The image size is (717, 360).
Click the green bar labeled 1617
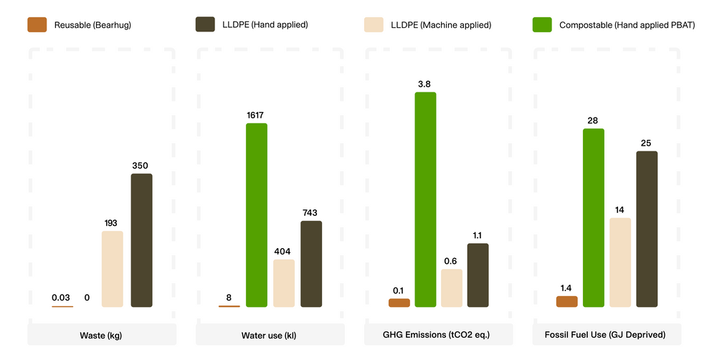click(256, 215)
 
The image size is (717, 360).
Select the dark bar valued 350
click(141, 240)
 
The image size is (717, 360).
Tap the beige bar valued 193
click(113, 269)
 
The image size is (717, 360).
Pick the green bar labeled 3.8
click(425, 199)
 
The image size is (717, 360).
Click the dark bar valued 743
click(311, 264)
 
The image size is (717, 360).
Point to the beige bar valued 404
click(284, 283)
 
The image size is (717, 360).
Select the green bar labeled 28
click(593, 218)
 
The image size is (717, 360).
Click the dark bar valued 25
click(647, 229)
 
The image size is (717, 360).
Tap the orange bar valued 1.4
click(566, 301)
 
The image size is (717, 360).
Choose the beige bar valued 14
click(620, 262)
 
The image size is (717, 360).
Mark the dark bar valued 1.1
click(478, 275)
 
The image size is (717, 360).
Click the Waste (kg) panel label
click(101, 335)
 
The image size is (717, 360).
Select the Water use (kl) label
click(270, 335)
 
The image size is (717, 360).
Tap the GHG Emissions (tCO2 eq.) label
click(437, 335)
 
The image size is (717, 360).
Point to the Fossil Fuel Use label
click(606, 335)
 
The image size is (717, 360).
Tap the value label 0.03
click(62, 297)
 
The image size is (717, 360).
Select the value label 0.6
click(451, 260)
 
